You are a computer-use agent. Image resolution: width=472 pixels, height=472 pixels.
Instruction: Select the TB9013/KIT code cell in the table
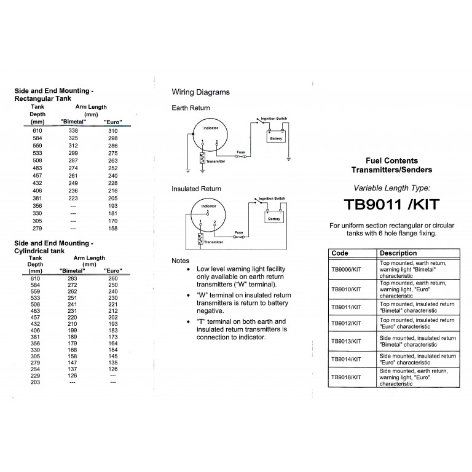tap(347, 341)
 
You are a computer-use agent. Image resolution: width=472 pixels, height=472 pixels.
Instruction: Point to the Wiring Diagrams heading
tap(200, 92)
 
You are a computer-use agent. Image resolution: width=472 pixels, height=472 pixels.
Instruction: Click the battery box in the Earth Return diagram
tap(277, 136)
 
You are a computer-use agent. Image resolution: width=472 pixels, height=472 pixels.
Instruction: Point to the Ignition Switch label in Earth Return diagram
tap(273, 118)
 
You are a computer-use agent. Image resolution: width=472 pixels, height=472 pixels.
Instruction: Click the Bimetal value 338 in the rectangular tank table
tap(73, 131)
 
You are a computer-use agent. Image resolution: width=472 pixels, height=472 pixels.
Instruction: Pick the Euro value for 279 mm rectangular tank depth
tap(112, 228)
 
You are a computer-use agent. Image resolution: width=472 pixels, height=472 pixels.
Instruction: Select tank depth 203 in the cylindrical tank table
tap(36, 382)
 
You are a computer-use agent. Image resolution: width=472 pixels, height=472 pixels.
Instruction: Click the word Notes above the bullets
tap(180, 261)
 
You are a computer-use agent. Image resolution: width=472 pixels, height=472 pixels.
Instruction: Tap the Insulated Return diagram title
tap(196, 189)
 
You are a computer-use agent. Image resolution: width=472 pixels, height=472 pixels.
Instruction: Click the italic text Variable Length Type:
tap(391, 187)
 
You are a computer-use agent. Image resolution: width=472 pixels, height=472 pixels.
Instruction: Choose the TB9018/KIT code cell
tap(347, 377)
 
